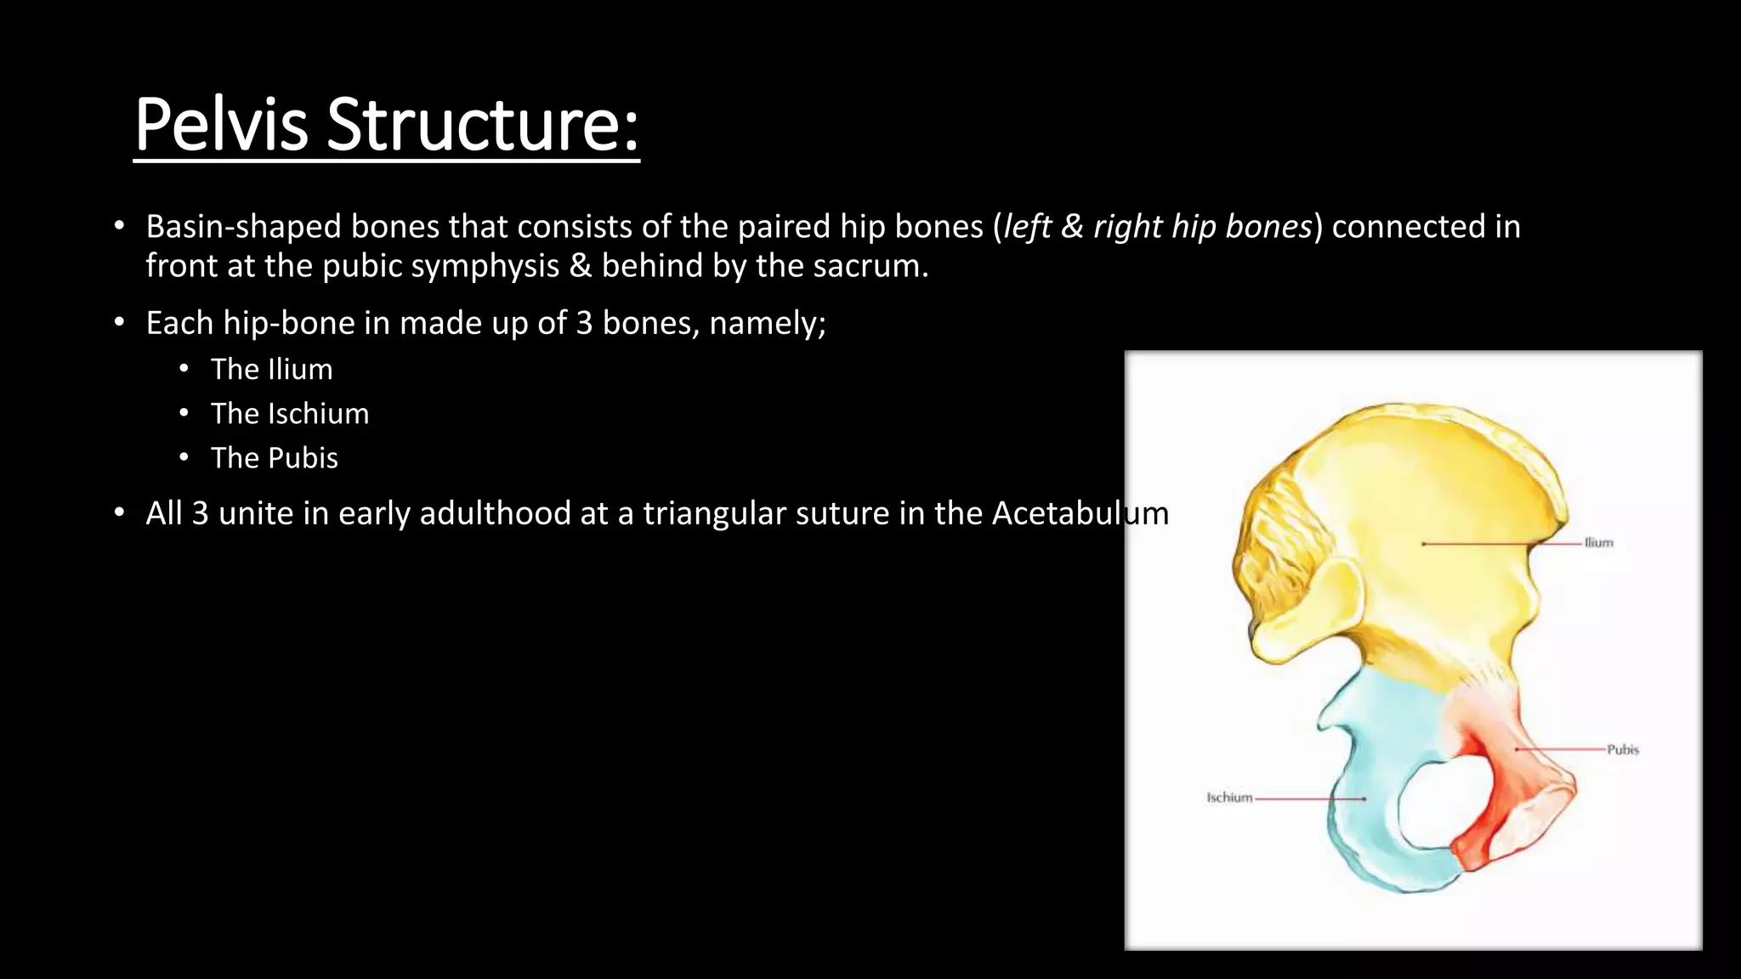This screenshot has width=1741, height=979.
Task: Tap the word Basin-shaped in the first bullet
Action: (x=243, y=227)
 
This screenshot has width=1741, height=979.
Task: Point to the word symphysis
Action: (x=486, y=267)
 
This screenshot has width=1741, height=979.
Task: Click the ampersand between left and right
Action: (x=1072, y=227)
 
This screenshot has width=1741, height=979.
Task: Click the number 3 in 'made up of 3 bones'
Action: (x=583, y=324)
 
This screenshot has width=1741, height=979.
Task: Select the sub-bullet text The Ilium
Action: (x=271, y=370)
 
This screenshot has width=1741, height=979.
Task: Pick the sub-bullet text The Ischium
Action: (x=289, y=414)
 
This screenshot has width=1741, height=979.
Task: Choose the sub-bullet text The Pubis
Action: (x=274, y=458)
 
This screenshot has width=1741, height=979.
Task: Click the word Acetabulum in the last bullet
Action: (x=1080, y=513)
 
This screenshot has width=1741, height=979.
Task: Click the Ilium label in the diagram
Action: (x=1598, y=542)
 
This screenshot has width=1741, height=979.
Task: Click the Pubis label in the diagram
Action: (x=1622, y=750)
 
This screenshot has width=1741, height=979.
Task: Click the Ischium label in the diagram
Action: (x=1229, y=797)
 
